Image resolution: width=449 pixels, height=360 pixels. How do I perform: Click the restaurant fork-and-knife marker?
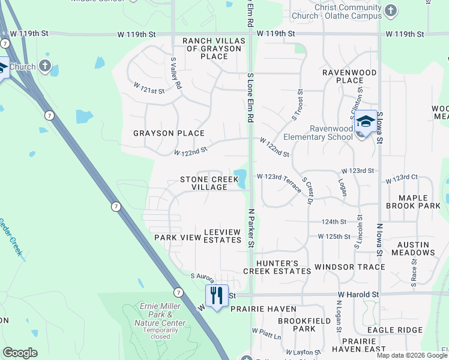click(217, 295)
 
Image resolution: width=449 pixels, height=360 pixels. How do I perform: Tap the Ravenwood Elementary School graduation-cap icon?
click(365, 121)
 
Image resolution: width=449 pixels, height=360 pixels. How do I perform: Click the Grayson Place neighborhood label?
click(169, 133)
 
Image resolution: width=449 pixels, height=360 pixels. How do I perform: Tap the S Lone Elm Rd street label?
click(250, 97)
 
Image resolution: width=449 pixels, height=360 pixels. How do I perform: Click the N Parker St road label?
click(252, 227)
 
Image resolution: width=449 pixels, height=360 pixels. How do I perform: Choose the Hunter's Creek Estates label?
click(277, 267)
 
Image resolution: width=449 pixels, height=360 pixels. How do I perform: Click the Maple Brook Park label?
click(421, 202)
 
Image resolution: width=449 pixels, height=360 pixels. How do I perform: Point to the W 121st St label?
click(149, 91)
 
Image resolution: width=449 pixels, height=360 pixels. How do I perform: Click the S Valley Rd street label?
click(175, 73)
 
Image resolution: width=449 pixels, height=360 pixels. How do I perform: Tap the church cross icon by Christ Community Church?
click(391, 11)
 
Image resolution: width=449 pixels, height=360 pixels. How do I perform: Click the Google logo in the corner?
click(20, 353)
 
